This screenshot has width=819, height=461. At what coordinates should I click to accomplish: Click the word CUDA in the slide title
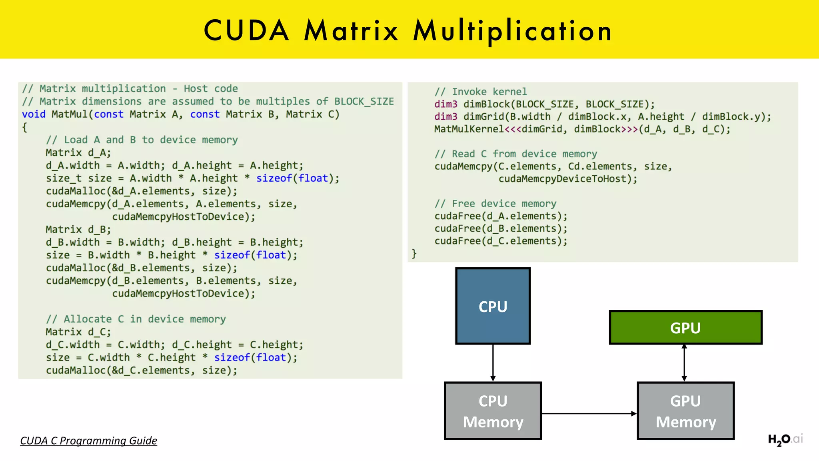(246, 30)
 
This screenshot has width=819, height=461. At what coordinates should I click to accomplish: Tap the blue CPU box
(493, 306)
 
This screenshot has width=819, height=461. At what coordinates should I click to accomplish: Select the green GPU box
(685, 327)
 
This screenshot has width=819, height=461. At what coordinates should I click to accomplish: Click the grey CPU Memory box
(493, 411)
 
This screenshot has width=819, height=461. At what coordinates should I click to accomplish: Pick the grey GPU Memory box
(685, 411)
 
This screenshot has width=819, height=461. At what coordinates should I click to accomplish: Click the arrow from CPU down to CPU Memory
(493, 362)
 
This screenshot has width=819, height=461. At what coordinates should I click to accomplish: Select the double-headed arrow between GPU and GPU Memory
(684, 363)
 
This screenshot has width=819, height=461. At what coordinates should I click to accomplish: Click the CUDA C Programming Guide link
(88, 441)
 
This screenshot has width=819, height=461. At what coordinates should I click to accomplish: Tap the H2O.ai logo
(785, 439)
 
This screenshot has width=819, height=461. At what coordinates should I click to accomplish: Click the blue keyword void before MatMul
(34, 114)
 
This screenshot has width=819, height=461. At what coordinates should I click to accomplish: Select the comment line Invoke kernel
(481, 92)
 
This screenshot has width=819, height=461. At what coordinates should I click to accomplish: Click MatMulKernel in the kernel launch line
(469, 129)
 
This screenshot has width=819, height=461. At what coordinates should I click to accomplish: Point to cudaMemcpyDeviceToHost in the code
(567, 179)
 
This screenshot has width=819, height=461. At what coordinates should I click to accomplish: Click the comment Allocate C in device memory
(136, 319)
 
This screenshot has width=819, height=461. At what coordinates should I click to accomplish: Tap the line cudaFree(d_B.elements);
(501, 228)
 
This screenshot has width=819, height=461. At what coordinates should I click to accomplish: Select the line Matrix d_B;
(78, 230)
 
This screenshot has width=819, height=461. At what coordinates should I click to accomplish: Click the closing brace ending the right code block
(414, 253)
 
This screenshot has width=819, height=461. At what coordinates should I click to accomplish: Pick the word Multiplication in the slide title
(512, 30)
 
